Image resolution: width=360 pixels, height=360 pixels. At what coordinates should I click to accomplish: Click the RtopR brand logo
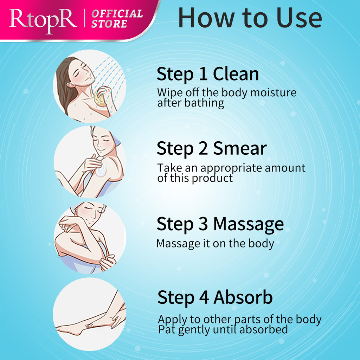(43, 20)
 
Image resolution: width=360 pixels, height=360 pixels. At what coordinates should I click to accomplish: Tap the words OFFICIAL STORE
(117, 19)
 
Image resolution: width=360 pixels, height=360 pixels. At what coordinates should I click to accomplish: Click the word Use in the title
(299, 18)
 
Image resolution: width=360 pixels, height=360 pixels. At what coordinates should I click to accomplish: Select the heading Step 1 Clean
(208, 74)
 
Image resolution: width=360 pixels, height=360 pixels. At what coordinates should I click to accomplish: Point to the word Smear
(240, 149)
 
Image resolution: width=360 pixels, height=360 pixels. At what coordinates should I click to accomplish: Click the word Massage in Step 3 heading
(249, 224)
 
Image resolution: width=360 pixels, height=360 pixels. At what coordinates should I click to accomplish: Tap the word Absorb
(243, 297)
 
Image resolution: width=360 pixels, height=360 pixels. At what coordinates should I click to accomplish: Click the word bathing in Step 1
(204, 103)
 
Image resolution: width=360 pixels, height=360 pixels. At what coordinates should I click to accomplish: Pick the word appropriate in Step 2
(231, 168)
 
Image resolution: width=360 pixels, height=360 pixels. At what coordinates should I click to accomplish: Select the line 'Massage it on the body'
(216, 244)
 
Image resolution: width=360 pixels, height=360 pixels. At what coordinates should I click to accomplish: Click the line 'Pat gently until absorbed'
(223, 330)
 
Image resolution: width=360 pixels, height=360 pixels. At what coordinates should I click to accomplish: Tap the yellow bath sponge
(100, 98)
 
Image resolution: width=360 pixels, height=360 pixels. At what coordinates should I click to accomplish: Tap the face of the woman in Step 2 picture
(104, 141)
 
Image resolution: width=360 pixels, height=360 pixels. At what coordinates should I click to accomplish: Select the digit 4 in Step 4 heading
(204, 297)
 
